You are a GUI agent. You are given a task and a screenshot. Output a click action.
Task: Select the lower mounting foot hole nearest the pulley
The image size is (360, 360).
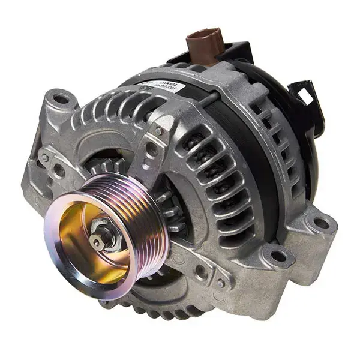coord(277,257)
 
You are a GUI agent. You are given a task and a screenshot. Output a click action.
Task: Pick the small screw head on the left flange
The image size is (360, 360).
coord(45,158)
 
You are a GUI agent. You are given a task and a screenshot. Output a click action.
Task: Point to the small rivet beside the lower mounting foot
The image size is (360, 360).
coord(221,282)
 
